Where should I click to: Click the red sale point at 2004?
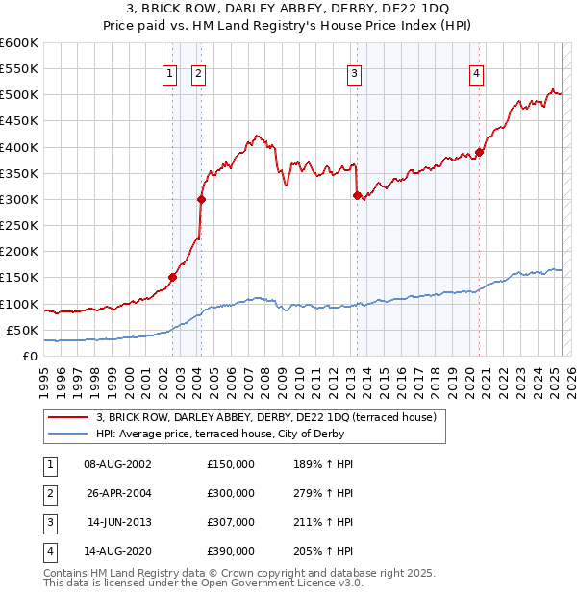(202, 200)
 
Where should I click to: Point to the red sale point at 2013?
(357, 195)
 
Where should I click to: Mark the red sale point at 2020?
(479, 152)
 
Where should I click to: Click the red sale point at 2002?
(173, 278)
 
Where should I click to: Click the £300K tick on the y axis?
(19, 199)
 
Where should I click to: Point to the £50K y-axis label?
(22, 330)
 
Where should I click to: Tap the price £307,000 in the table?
(231, 522)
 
